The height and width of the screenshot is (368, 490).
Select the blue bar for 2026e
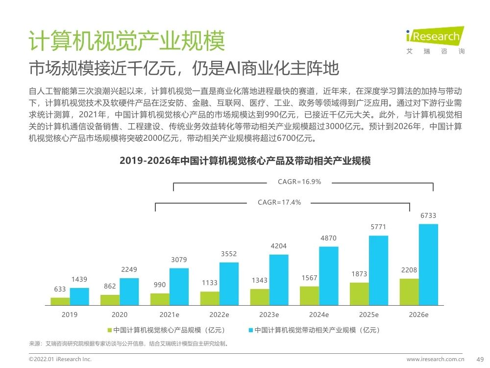[x=428, y=264]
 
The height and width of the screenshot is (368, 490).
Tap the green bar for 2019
[x=60, y=301]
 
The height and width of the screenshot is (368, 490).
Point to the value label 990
[x=160, y=285]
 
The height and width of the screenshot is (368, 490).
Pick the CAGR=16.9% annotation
[x=299, y=182]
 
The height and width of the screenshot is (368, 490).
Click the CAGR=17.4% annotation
[x=279, y=202]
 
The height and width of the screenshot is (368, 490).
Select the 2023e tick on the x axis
[x=269, y=315]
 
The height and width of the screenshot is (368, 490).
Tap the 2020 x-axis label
[x=120, y=315]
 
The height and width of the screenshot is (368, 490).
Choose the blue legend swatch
[x=250, y=330]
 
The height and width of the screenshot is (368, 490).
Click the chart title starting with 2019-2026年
[x=245, y=161]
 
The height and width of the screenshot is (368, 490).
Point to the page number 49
[x=480, y=359]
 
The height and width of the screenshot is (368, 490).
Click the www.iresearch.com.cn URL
[x=436, y=359]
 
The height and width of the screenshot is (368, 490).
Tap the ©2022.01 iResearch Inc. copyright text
[x=60, y=359]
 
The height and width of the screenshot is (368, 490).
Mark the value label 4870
[x=329, y=238]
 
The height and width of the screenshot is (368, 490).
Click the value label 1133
[x=210, y=283]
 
